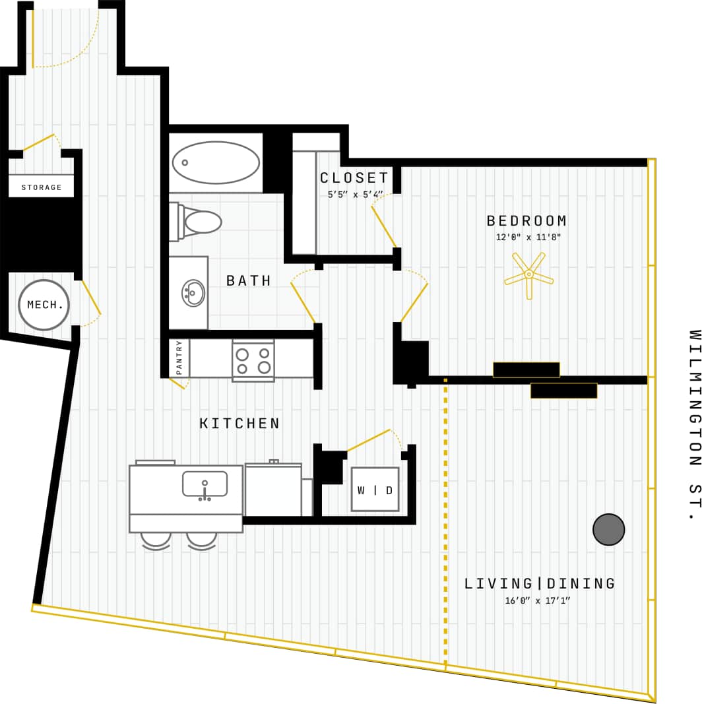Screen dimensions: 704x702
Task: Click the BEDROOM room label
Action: click(526, 221)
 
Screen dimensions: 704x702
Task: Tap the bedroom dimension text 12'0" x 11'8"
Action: click(528, 238)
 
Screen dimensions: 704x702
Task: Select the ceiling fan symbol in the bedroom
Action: click(528, 274)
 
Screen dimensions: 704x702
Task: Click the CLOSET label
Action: click(354, 178)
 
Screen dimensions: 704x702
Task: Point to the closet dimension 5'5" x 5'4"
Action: click(355, 195)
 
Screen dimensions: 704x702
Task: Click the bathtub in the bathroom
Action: click(215, 162)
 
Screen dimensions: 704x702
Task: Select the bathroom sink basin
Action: click(193, 293)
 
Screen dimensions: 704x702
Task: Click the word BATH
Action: click(249, 281)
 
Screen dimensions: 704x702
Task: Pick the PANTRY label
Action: click(179, 358)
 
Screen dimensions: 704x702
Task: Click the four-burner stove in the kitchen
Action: click(253, 360)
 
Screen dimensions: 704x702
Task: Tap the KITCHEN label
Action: click(240, 424)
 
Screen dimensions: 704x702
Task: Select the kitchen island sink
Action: click(205, 484)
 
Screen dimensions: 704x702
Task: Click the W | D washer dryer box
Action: click(375, 490)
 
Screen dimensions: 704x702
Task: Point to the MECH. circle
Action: click(44, 305)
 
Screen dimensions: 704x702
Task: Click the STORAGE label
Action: click(42, 187)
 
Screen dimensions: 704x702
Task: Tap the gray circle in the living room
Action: click(608, 529)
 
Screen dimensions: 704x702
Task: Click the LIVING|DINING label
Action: click(540, 584)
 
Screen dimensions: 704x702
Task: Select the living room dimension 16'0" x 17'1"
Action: click(537, 600)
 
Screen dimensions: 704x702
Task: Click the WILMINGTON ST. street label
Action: click(693, 425)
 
